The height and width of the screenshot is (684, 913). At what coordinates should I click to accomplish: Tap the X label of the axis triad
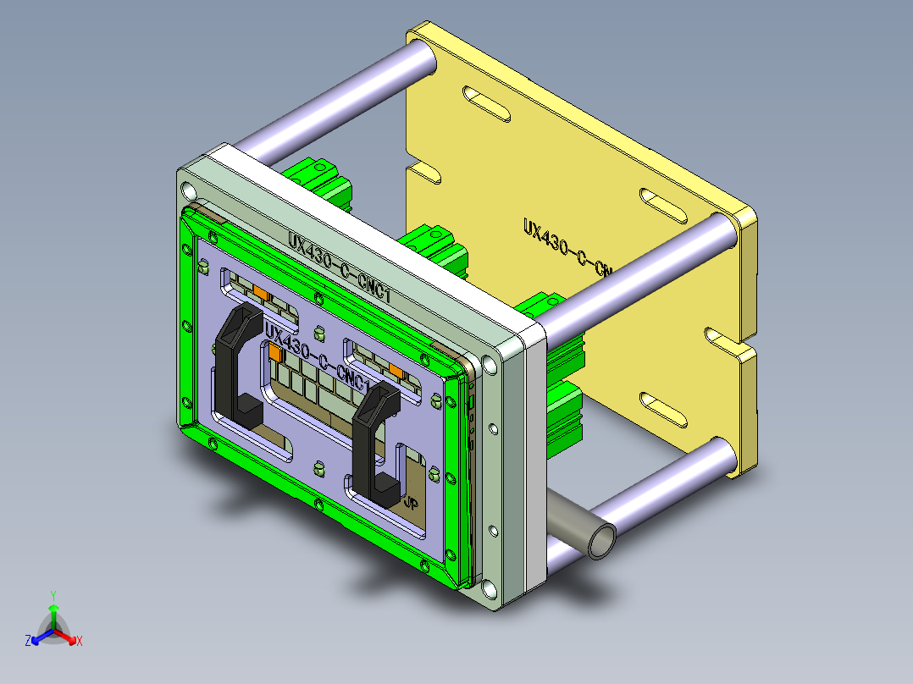point(80,641)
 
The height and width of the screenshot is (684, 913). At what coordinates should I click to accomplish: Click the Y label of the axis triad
point(53,595)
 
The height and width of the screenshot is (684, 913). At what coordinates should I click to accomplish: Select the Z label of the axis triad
point(28,642)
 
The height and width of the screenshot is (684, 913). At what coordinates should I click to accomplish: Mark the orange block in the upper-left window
point(261,293)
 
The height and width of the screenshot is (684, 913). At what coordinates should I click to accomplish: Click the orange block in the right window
point(396,371)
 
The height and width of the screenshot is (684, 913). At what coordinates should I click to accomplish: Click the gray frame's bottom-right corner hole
point(490,587)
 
